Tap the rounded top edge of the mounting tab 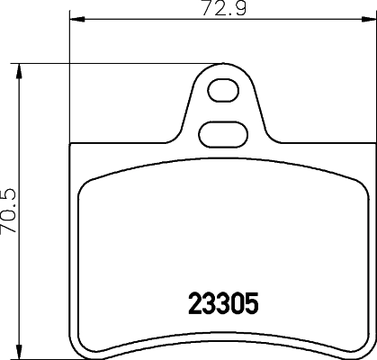[221, 66]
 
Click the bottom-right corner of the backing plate [369, 354]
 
